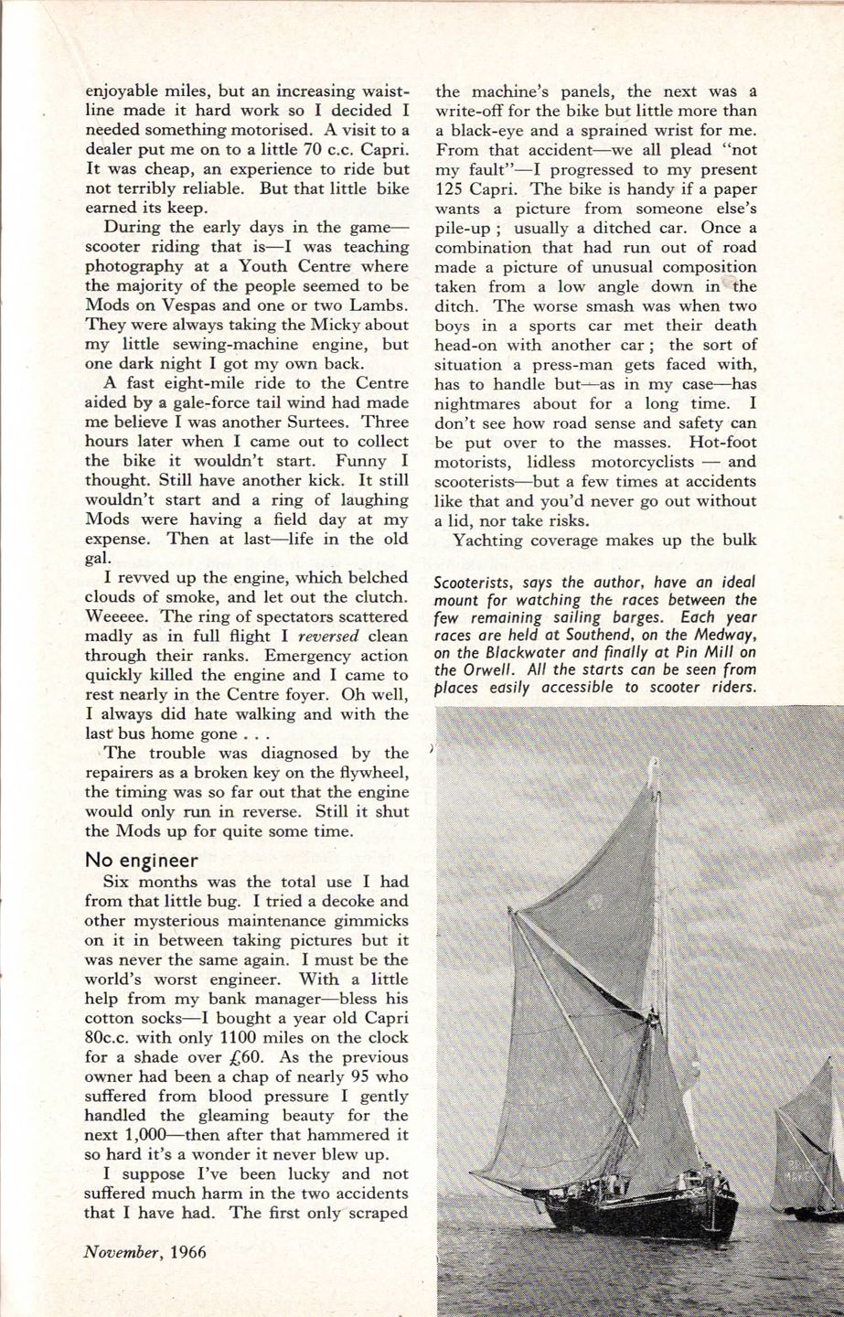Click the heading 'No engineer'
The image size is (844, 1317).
click(x=142, y=860)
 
